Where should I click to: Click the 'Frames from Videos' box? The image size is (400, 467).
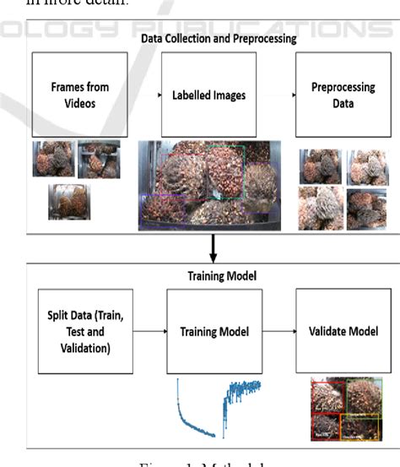(74, 95)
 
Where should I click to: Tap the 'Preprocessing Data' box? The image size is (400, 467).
(331, 95)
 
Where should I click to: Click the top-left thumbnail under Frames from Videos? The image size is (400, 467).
(53, 160)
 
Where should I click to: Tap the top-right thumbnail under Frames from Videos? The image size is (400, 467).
(99, 160)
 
